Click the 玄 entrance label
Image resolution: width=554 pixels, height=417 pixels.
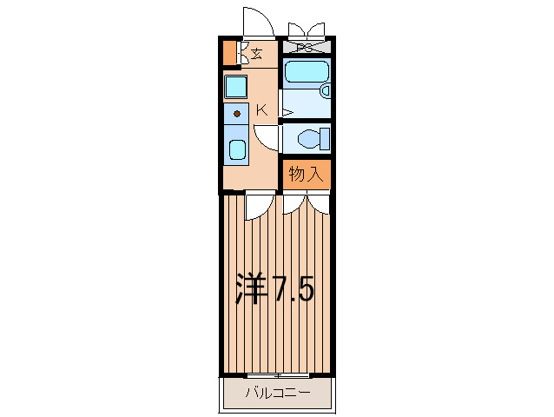click(x=257, y=54)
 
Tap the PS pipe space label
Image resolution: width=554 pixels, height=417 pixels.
click(x=306, y=48)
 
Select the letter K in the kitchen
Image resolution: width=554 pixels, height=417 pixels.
click(x=262, y=110)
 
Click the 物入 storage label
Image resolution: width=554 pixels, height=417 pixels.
click(x=306, y=174)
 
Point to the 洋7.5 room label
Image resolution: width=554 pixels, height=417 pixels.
click(x=274, y=288)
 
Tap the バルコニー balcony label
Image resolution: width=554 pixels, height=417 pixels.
click(x=278, y=393)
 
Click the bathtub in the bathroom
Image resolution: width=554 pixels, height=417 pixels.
click(x=307, y=72)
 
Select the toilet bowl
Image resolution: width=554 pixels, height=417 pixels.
click(x=309, y=139)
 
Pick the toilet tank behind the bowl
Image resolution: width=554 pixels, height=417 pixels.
click(x=325, y=139)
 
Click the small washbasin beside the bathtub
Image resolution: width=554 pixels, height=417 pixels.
click(x=325, y=91)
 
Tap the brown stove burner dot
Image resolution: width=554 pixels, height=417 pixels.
click(x=237, y=114)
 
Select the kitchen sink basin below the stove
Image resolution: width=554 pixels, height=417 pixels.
click(x=237, y=149)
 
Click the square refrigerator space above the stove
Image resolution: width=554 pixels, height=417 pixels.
click(x=235, y=86)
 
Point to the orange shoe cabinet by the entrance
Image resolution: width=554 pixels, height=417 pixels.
click(x=230, y=53)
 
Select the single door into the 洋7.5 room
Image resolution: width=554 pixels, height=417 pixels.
click(x=260, y=208)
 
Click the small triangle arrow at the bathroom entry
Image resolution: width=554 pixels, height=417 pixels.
click(x=288, y=113)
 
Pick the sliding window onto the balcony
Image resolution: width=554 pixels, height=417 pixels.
click(x=278, y=375)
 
